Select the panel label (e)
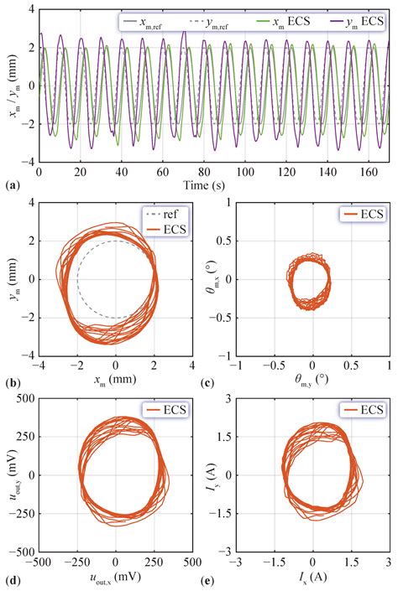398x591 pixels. (x=211, y=579)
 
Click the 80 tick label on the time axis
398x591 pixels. (x=203, y=172)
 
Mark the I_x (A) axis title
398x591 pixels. (x=312, y=578)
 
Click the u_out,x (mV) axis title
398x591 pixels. (x=116, y=578)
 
